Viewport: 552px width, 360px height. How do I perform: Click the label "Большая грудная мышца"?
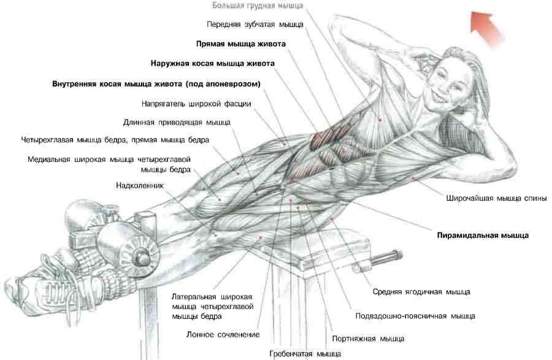258,6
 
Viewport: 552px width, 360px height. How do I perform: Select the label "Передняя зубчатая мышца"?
255,25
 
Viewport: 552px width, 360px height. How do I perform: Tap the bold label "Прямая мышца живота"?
241,44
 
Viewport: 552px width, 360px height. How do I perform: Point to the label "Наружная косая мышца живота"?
213,63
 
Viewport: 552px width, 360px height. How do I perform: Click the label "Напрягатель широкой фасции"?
196,104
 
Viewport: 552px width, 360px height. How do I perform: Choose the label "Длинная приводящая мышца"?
177,123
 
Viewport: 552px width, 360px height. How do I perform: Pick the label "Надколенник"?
140,185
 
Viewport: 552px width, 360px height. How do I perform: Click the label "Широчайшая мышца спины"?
496,198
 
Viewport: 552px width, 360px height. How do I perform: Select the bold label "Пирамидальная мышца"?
483,236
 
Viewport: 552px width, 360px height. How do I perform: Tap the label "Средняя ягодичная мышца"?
421,292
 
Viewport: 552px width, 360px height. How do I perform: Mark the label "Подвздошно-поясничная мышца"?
415,316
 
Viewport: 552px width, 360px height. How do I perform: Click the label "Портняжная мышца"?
368,339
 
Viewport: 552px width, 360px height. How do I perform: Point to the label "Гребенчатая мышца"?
305,354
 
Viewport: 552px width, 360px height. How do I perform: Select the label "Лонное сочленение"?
223,335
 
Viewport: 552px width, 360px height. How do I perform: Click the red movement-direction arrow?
488,29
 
